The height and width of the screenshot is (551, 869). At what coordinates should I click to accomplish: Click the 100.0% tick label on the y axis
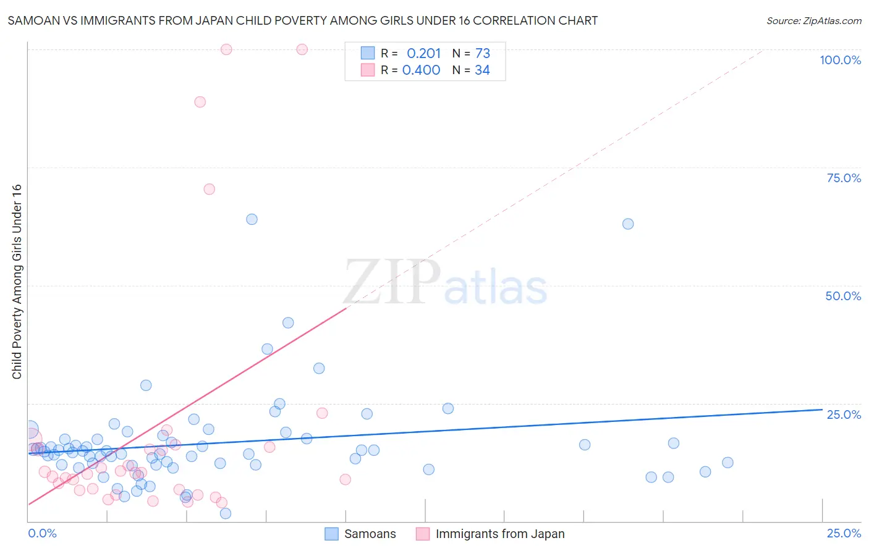point(840,60)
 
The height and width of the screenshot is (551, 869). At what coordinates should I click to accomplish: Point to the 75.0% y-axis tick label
point(844,178)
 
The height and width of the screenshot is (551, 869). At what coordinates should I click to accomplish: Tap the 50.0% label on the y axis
point(843,296)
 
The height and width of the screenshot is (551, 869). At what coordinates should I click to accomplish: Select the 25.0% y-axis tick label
point(844,414)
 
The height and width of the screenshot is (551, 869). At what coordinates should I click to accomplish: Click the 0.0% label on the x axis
point(42,533)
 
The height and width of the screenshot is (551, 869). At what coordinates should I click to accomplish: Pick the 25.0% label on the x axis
point(844,533)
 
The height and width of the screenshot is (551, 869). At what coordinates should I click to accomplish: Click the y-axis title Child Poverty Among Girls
point(17,282)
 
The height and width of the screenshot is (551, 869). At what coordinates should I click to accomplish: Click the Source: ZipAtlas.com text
point(813,20)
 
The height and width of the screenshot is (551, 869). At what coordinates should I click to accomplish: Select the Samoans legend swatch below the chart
point(332,534)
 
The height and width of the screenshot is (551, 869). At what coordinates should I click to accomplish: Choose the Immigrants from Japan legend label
point(499,534)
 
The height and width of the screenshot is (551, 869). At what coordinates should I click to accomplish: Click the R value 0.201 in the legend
point(423,53)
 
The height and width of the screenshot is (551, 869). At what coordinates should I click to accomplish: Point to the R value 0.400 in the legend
point(421,70)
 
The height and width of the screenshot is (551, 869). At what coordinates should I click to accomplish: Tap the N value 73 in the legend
point(482,53)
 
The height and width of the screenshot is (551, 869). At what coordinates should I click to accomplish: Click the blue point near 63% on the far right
point(628,224)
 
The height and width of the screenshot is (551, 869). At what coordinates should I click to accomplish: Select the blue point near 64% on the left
point(252,219)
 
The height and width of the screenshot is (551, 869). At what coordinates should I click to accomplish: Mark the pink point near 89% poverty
point(200,102)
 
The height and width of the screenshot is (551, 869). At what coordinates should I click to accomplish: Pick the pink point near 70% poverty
point(209,189)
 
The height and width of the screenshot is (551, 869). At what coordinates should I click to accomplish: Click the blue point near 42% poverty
point(288,322)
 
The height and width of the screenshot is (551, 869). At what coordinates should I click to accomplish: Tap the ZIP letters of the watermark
point(392,282)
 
